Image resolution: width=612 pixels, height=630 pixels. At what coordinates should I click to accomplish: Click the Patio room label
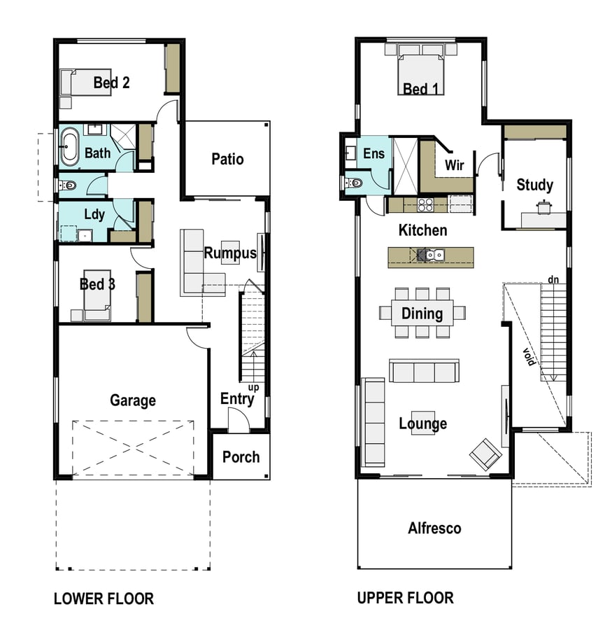(227, 159)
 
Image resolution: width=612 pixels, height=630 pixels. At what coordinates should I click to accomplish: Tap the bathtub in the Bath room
(70, 147)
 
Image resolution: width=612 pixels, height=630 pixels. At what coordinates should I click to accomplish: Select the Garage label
(133, 400)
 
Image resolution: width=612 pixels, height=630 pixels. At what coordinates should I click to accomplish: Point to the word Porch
(241, 457)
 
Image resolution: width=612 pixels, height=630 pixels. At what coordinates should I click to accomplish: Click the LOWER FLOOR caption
(104, 598)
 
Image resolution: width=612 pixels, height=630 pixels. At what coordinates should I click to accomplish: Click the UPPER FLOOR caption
(405, 598)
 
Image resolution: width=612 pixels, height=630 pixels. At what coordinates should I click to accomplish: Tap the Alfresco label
(434, 528)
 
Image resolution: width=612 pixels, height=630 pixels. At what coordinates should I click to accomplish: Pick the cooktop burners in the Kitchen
(425, 205)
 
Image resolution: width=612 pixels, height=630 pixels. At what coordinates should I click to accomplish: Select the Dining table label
(422, 314)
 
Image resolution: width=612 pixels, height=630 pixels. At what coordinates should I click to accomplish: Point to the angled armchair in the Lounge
(485, 454)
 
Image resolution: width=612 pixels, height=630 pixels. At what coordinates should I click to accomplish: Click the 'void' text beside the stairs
(529, 357)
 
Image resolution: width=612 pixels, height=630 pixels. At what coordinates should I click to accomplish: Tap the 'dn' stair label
(553, 279)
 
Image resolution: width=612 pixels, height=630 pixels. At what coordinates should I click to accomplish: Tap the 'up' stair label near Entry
(253, 388)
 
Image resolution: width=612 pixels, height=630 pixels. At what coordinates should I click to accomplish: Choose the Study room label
(534, 185)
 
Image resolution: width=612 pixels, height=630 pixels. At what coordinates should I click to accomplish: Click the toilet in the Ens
(354, 183)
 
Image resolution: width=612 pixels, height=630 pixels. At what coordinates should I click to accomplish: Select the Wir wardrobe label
(454, 164)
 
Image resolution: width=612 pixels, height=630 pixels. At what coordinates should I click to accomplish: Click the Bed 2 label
(112, 83)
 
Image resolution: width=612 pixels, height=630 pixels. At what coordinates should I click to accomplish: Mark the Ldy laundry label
(94, 215)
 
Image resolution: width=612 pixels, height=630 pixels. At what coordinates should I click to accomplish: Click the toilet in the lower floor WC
(68, 185)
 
